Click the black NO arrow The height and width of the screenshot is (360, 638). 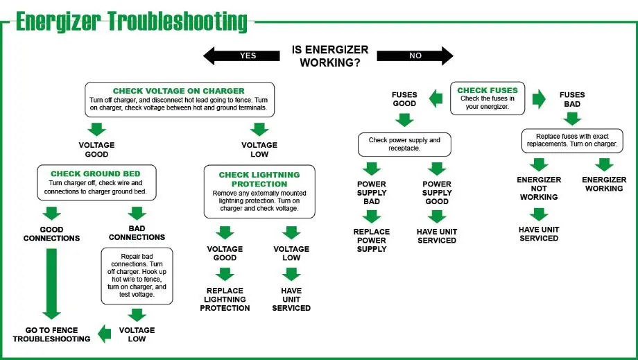pos(416,55)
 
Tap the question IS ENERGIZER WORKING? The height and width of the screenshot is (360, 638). pos(330,56)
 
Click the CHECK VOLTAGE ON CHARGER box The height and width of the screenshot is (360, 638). pos(179,100)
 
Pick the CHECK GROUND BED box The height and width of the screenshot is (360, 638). pos(96,182)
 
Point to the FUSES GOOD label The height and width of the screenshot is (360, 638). pos(404,99)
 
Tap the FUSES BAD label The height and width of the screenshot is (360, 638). pos(572,99)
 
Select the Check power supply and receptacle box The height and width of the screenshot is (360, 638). pos(404,144)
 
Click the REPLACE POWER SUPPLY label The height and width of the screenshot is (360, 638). pos(372,240)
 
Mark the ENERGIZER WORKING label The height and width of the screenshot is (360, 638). pos(604,184)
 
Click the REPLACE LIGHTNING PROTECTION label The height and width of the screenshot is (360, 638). pos(225,299)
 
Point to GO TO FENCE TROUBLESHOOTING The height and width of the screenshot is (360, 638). pos(51,334)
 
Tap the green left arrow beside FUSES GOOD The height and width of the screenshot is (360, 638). pos(436,99)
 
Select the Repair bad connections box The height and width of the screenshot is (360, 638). pos(137,276)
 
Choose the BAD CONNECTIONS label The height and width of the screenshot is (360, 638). pos(137,233)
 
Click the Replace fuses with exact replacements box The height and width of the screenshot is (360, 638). pos(572,140)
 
